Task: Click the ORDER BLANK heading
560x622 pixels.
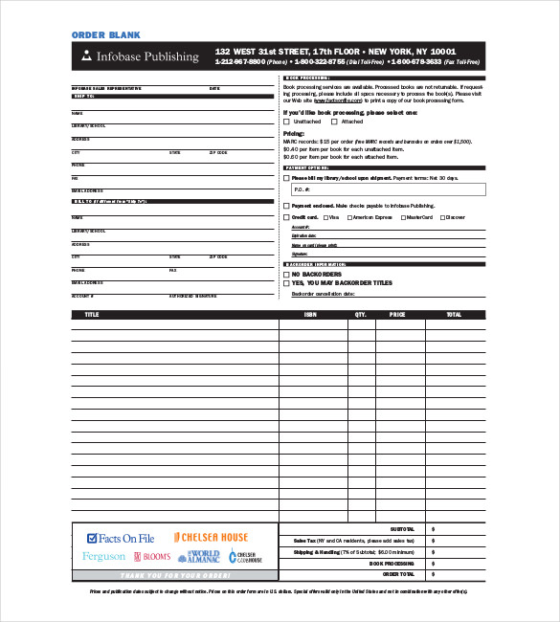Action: coord(106,34)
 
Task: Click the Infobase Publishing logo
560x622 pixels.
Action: coord(140,56)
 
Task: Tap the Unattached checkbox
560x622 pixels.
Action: coord(287,122)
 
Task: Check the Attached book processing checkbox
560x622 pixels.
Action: coord(336,122)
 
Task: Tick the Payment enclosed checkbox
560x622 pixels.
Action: coord(286,206)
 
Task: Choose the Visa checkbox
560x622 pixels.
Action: coord(325,217)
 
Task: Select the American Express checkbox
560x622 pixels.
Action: coord(347,217)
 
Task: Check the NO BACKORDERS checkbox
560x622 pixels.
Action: coord(286,275)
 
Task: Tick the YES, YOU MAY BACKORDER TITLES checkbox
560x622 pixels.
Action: coord(286,283)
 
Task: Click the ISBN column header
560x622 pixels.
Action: coord(311,314)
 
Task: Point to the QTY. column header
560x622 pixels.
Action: coord(361,314)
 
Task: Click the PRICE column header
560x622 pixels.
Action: coord(397,314)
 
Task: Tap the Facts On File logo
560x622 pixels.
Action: coord(121,539)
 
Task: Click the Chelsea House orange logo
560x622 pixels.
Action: coord(211,538)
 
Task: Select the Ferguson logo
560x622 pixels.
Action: coord(103,556)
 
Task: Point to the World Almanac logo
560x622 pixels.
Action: coord(202,556)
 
